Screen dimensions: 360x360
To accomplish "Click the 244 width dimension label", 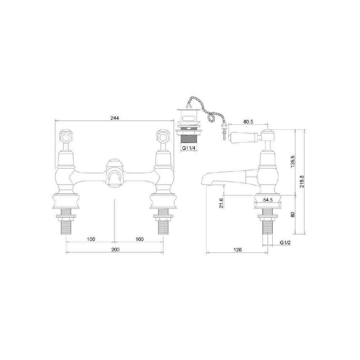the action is [114, 118].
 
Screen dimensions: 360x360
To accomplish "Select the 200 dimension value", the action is [115, 249].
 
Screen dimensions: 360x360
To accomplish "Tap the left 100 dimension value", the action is [91, 239].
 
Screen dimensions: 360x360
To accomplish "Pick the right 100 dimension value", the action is [140, 239].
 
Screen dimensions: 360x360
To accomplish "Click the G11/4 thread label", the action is [189, 148].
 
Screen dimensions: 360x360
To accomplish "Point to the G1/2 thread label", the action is [285, 242].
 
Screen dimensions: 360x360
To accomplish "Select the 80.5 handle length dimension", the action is [248, 122].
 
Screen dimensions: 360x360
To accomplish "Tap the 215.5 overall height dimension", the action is [302, 181].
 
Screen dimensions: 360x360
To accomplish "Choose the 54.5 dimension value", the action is [268, 200].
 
